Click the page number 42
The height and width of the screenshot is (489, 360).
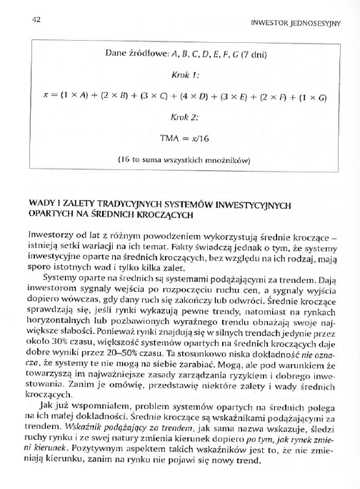pos(34,20)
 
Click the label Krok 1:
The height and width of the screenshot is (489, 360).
pos(186,74)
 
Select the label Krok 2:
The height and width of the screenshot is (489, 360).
pos(186,116)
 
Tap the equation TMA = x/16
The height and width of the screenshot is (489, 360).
pos(186,136)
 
